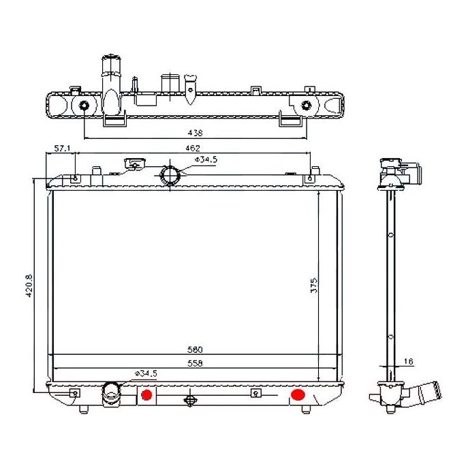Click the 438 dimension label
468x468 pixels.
tap(196, 133)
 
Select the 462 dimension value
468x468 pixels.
tap(193, 148)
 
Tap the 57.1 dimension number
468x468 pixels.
tap(62, 149)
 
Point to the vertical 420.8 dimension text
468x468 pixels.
tap(29, 285)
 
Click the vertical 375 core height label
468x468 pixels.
tap(314, 285)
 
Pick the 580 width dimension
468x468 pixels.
tap(195, 349)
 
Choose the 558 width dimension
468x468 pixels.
tap(195, 363)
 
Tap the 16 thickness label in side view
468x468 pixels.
tap(408, 362)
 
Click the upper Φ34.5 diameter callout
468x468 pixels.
tap(206, 159)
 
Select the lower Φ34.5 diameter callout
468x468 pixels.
tap(146, 373)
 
